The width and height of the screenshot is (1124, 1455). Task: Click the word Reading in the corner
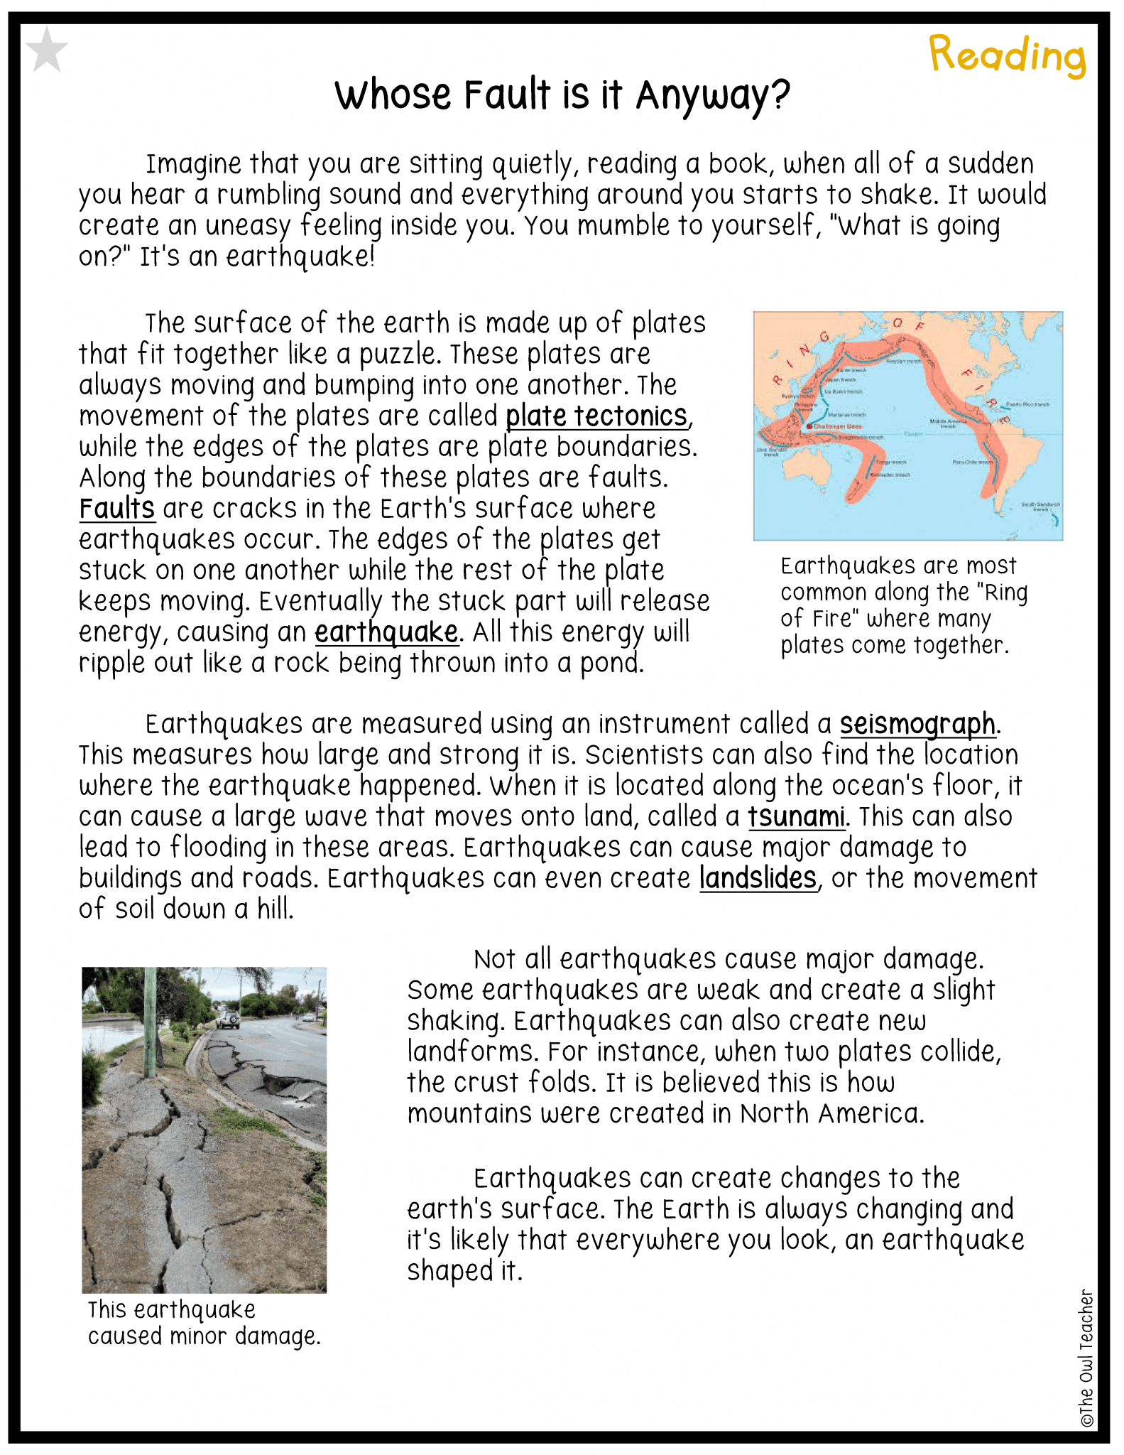1007,55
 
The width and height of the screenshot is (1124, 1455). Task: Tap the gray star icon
47,50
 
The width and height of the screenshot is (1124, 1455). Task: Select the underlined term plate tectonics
596,416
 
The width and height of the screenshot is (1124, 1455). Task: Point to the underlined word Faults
116,509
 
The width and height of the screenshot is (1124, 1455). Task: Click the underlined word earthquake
386,632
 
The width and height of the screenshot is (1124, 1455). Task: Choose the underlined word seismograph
917,724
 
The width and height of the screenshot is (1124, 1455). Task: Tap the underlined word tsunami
795,816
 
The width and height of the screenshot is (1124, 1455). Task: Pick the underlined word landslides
758,878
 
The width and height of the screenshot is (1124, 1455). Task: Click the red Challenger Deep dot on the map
809,426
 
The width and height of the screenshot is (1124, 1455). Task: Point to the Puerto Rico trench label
1027,404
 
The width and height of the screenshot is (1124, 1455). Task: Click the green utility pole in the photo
150,1023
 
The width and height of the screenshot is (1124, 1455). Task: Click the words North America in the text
831,1113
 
